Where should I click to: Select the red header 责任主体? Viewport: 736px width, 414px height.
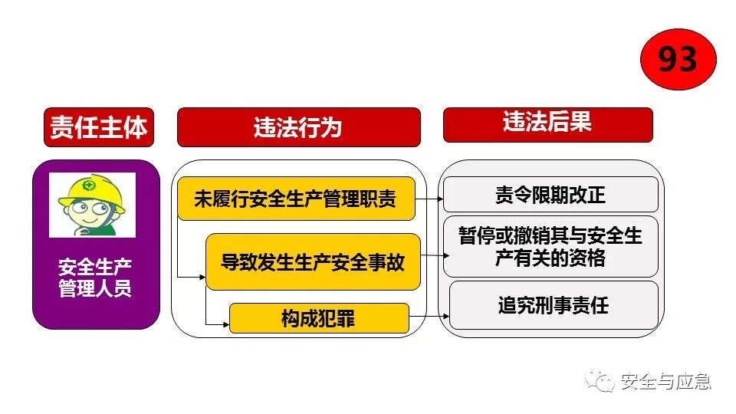point(98,127)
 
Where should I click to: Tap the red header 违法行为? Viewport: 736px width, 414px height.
point(298,127)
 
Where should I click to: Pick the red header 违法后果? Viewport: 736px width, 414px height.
point(547,124)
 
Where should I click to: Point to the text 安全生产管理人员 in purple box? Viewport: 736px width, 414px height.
point(95,278)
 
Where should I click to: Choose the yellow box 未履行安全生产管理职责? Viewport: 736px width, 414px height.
point(295,199)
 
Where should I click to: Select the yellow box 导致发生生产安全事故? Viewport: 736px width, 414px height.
point(313,262)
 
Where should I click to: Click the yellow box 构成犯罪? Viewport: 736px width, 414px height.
point(318,318)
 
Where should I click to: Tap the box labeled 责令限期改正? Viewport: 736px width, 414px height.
point(550,195)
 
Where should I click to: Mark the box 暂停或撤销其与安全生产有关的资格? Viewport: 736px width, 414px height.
point(550,247)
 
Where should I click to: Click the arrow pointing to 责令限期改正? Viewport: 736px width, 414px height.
point(429,199)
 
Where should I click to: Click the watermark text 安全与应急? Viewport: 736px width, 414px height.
point(665,380)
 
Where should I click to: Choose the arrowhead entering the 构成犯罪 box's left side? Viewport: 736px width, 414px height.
point(225,324)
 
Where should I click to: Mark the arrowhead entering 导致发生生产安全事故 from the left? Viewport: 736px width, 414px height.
point(202,275)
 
